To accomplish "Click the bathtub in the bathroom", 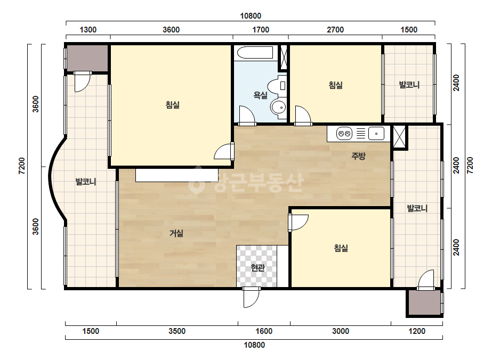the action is [255, 52].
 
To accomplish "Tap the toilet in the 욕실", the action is [277, 86].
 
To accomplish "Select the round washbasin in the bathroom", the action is [278, 107].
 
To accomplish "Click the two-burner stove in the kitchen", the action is [344, 134].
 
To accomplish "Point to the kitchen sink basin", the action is [376, 134].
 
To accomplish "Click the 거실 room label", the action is [176, 233].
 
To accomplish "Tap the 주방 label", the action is [358, 156].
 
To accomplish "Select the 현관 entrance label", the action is [257, 267].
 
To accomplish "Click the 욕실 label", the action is [261, 95].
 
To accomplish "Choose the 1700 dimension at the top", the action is [261, 30].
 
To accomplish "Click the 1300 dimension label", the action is [88, 30].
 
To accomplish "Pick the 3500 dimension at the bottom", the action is [177, 331].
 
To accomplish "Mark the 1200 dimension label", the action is [417, 331].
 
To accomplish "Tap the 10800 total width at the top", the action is [251, 15].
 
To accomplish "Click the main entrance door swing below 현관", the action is [252, 297].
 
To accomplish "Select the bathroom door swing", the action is [247, 116].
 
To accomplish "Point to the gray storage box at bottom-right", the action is [424, 302].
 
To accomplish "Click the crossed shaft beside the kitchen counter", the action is [399, 137].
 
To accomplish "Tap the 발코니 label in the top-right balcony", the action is [409, 85].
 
